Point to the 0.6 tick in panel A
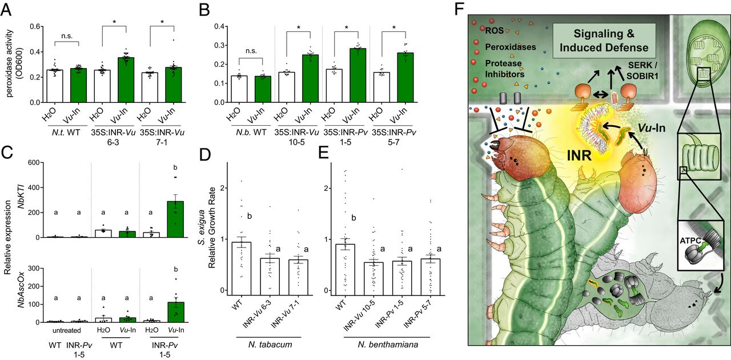(37, 27)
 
